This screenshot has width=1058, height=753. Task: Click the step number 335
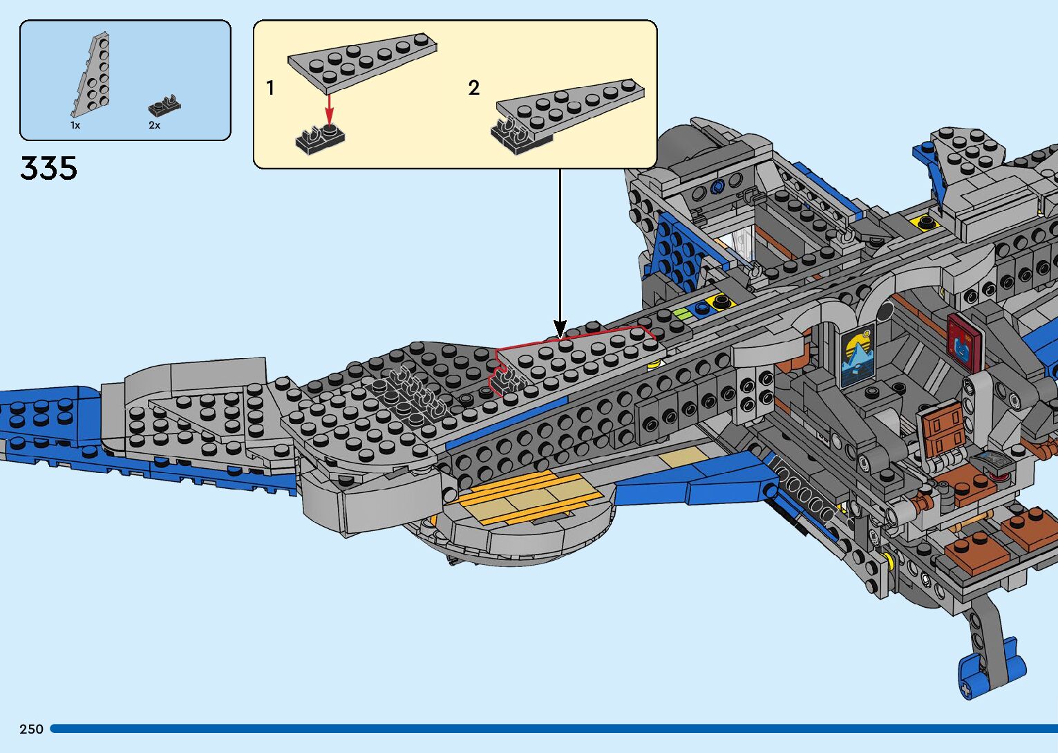click(48, 168)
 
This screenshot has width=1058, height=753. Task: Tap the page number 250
click(31, 729)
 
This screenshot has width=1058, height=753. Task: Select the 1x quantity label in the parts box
click(75, 125)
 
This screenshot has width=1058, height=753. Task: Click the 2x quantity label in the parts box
click(154, 125)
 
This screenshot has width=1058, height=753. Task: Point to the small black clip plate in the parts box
click(164, 106)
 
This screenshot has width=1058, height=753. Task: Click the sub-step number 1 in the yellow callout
click(270, 88)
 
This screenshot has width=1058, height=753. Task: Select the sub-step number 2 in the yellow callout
click(473, 88)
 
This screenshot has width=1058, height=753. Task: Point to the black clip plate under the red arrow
click(319, 138)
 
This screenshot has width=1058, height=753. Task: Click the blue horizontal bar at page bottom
click(553, 729)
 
